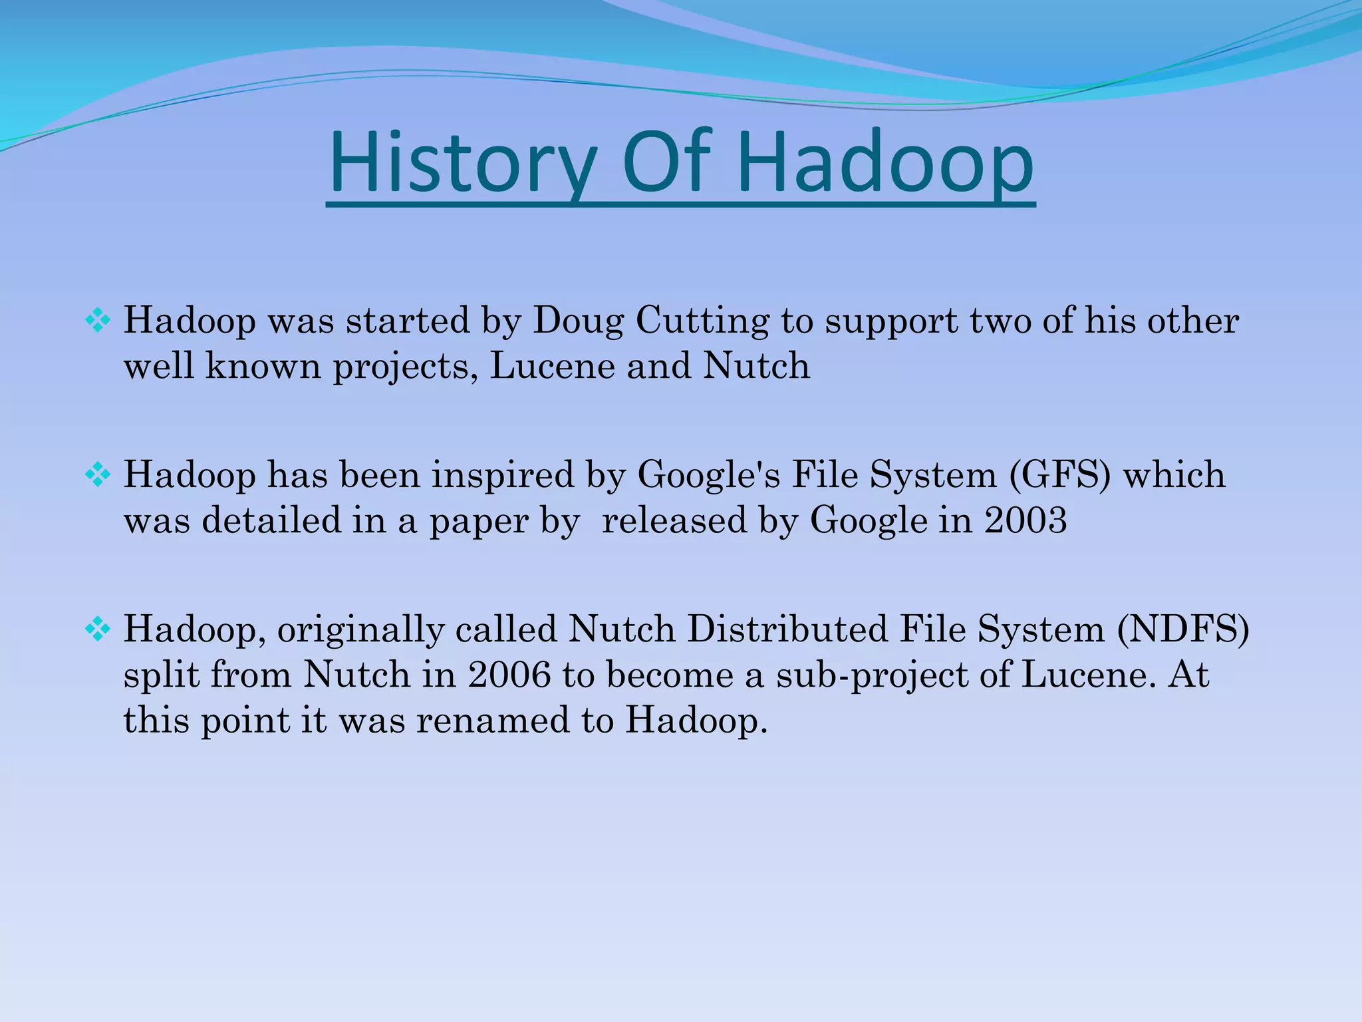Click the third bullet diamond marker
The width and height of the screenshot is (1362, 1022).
[x=98, y=629]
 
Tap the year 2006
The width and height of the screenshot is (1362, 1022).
[x=509, y=675]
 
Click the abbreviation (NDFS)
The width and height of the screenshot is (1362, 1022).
[x=1183, y=629]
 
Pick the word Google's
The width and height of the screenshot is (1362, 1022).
[x=708, y=476]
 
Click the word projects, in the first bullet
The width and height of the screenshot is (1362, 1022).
[x=406, y=367]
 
